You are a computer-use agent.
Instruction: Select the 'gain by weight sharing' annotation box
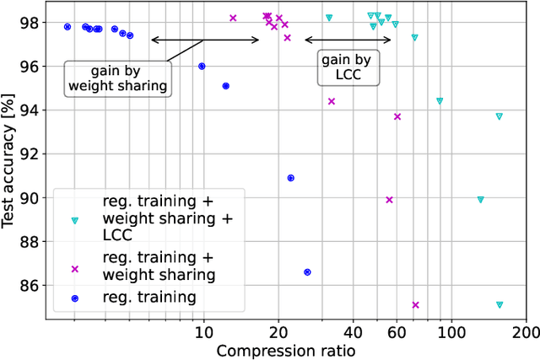point(117,78)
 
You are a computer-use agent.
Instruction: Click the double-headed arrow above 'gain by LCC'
point(347,40)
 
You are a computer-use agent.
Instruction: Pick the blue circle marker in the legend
point(74,298)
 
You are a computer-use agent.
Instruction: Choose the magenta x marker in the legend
point(74,269)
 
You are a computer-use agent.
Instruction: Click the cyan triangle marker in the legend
point(74,220)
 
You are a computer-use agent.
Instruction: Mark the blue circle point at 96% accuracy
point(202,66)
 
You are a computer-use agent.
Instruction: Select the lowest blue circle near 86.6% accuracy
point(307,272)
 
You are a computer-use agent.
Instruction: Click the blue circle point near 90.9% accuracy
point(291,178)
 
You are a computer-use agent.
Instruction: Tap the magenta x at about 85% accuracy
point(415,304)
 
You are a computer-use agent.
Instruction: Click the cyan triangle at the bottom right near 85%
point(499,304)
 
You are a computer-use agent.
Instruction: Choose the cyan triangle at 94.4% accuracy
point(440,101)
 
